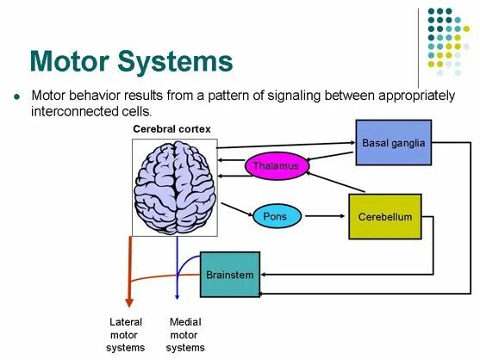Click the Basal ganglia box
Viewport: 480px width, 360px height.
(x=393, y=143)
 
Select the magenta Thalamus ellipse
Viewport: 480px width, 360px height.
(x=276, y=166)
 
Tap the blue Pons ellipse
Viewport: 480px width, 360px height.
(x=275, y=216)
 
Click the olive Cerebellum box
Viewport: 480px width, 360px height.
(x=385, y=217)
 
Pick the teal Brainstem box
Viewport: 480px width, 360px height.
(x=229, y=275)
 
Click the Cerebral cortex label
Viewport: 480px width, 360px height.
(x=171, y=128)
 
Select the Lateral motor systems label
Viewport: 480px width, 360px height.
(x=126, y=335)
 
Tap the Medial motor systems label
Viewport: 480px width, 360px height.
(x=185, y=335)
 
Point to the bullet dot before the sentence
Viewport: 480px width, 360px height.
(x=16, y=97)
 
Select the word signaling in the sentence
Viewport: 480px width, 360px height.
(x=264, y=96)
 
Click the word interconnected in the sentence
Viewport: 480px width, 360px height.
(x=71, y=113)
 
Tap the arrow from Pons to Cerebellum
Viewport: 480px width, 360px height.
(x=324, y=217)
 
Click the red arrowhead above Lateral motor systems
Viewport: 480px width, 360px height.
(x=129, y=301)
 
